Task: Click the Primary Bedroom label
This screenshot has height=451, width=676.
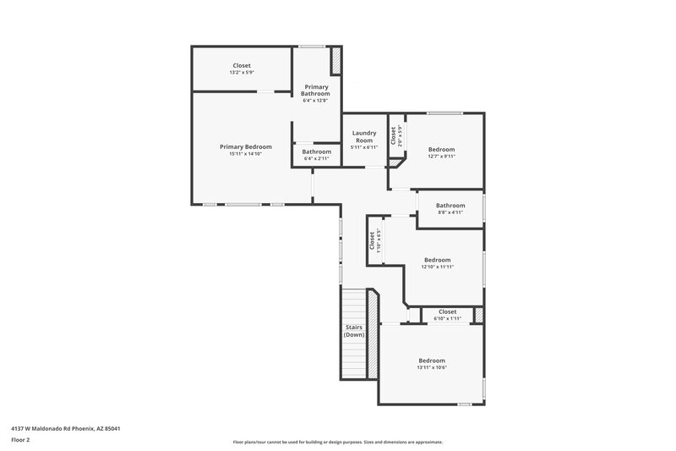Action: pyautogui.click(x=246, y=146)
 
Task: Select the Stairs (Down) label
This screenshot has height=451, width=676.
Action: pyautogui.click(x=354, y=331)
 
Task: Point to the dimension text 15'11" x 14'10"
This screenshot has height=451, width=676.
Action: pyautogui.click(x=246, y=154)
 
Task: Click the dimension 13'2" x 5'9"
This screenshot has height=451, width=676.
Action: pyautogui.click(x=242, y=73)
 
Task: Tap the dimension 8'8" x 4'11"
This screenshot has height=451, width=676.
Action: pyautogui.click(x=450, y=213)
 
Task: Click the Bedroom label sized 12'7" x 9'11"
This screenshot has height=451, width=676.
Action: pyautogui.click(x=441, y=149)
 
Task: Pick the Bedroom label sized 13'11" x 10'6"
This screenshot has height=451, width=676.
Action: pyautogui.click(x=431, y=360)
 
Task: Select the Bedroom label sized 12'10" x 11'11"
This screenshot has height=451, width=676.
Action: pyautogui.click(x=437, y=260)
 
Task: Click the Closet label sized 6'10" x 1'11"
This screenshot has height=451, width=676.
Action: pyautogui.click(x=447, y=311)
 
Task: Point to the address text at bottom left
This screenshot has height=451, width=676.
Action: pyautogui.click(x=66, y=428)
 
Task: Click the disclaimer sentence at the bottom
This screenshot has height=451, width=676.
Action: pyautogui.click(x=337, y=442)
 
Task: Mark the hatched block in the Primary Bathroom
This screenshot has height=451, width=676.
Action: pyautogui.click(x=335, y=61)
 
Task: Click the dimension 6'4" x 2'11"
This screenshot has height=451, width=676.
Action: pyautogui.click(x=317, y=159)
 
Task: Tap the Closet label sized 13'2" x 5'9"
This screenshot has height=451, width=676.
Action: pyautogui.click(x=242, y=65)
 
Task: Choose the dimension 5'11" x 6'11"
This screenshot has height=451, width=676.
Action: pyautogui.click(x=364, y=148)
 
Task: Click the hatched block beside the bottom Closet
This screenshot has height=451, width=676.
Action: pyautogui.click(x=479, y=315)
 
